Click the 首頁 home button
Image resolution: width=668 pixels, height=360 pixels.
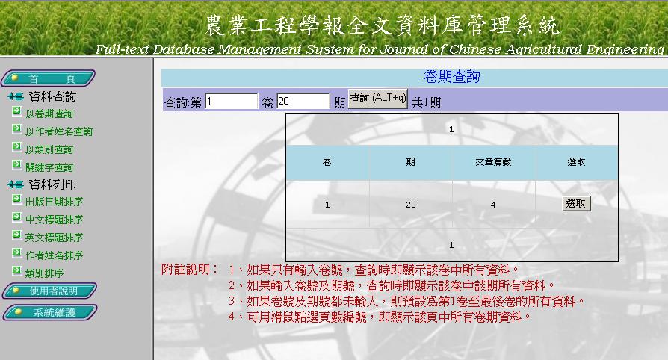pos(48,78)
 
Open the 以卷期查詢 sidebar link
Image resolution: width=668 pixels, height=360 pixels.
pos(49,114)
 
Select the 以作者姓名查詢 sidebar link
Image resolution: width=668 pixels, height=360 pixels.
pos(59,131)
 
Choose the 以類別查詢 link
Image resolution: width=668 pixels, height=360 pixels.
pos(49,149)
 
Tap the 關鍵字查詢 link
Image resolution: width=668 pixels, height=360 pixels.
pos(49,167)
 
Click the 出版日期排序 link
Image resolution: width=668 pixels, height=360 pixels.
pos(54,202)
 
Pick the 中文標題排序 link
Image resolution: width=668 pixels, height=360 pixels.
pos(54,220)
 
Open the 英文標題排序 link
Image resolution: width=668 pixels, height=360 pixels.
pos(54,238)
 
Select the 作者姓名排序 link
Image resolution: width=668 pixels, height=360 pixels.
pos(54,255)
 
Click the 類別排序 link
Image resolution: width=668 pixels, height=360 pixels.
pos(44,273)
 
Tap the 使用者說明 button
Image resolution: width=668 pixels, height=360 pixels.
pos(50,291)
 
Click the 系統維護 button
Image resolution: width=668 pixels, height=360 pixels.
pos(50,312)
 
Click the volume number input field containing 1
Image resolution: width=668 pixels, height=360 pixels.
pos(232,101)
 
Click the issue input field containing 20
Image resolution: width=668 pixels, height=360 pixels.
pos(303,101)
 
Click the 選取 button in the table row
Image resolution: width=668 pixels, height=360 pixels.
pos(576,204)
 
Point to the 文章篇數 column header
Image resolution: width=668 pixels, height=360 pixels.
pos(493,162)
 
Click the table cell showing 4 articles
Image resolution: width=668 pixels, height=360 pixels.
pos(493,205)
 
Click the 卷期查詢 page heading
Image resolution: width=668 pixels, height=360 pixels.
pos(451,77)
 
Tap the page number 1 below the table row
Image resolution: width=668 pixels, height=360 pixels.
pos(451,245)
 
